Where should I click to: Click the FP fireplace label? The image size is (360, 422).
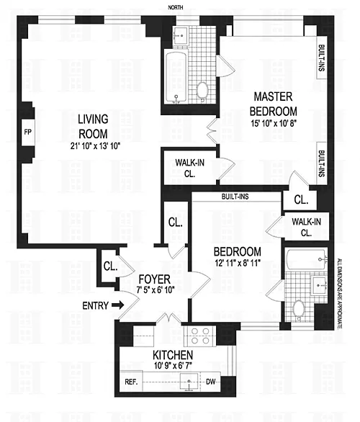pyautogui.click(x=27, y=132)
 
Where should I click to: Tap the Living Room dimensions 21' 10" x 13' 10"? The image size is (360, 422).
pyautogui.click(x=95, y=146)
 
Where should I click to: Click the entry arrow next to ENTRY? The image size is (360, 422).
pyautogui.click(x=117, y=305)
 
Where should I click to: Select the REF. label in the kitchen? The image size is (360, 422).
pyautogui.click(x=131, y=382)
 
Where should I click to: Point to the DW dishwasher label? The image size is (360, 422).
pyautogui.click(x=211, y=382)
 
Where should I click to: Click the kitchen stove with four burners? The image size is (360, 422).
pyautogui.click(x=199, y=336)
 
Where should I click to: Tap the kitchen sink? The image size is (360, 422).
pyautogui.click(x=189, y=382)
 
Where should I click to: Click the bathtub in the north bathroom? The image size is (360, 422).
pyautogui.click(x=176, y=77)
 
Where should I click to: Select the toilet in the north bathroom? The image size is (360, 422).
pyautogui.click(x=202, y=91)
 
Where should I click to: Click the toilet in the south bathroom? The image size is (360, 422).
pyautogui.click(x=299, y=310)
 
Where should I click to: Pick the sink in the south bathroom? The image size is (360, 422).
pyautogui.click(x=319, y=286)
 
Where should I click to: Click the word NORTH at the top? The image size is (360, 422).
pyautogui.click(x=176, y=7)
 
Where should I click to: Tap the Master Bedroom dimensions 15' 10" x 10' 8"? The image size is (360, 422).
pyautogui.click(x=274, y=123)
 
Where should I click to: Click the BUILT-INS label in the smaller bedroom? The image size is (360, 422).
pyautogui.click(x=235, y=197)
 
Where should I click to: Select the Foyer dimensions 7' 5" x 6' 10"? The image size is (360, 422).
pyautogui.click(x=156, y=290)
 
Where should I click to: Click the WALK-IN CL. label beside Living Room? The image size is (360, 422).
pyautogui.click(x=189, y=168)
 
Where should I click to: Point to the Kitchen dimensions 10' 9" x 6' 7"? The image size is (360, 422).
pyautogui.click(x=173, y=366)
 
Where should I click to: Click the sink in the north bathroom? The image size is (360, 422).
pyautogui.click(x=181, y=35)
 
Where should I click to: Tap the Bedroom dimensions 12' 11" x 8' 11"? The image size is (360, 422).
pyautogui.click(x=237, y=263)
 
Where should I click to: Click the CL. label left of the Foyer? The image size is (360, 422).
pyautogui.click(x=110, y=266)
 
